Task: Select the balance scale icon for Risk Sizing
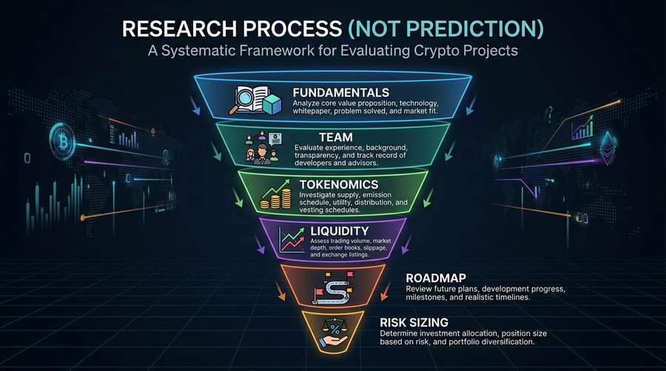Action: [x=332, y=330]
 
